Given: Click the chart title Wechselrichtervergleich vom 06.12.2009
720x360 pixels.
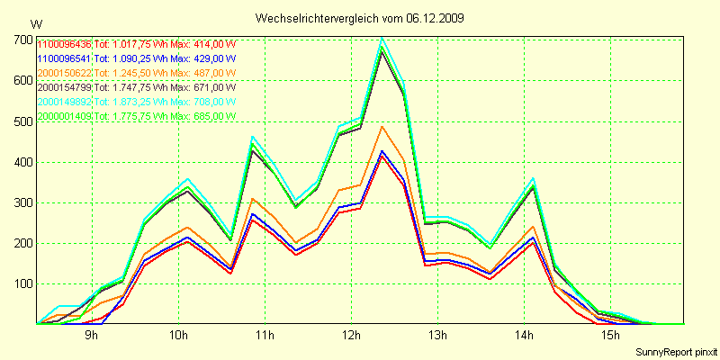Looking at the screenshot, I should pyautogui.click(x=359, y=18).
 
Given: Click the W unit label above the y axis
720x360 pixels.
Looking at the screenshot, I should pyautogui.click(x=35, y=23).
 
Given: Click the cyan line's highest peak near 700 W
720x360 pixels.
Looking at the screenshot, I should pyautogui.click(x=382, y=38).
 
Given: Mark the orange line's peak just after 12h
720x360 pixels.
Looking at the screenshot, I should pyautogui.click(x=382, y=126).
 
